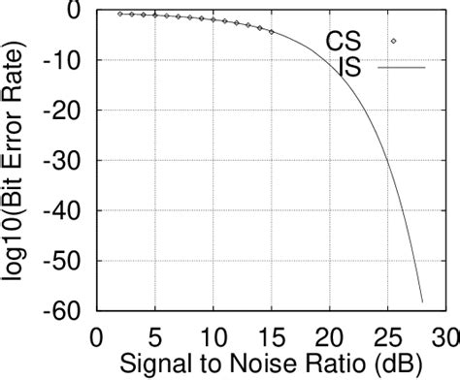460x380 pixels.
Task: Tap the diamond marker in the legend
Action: pos(394,41)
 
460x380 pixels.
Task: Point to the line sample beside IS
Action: pos(402,68)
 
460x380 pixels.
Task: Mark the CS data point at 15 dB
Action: pos(271,32)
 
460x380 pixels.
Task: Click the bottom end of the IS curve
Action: pos(422,301)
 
